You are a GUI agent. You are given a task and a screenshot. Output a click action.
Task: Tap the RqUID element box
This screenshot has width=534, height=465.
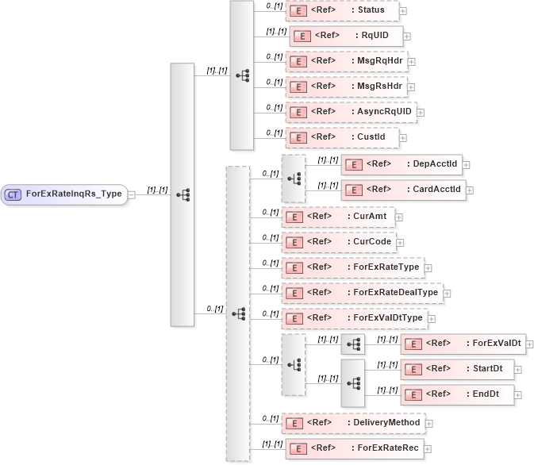pyautogui.click(x=346, y=36)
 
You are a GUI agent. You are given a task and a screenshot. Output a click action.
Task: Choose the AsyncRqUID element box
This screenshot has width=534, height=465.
pyautogui.click(x=350, y=112)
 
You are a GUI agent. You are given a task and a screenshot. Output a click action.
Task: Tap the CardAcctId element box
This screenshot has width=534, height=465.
pyautogui.click(x=403, y=190)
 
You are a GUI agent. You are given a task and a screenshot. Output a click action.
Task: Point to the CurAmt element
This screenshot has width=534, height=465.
pyautogui.click(x=338, y=216)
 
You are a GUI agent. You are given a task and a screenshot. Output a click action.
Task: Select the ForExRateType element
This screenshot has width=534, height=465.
pyautogui.click(x=352, y=267)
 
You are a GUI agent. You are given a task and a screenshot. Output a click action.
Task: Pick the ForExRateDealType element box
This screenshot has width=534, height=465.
pyautogui.click(x=362, y=293)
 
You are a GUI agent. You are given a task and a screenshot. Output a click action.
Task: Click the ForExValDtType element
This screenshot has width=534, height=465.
pyautogui.click(x=355, y=318)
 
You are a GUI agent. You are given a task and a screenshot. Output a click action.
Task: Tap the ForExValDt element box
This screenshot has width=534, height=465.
pyautogui.click(x=463, y=344)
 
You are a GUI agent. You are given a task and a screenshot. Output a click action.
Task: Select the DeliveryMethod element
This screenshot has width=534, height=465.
pyautogui.click(x=353, y=423)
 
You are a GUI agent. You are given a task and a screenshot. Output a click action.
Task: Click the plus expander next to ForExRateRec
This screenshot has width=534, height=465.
pyautogui.click(x=428, y=448)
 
